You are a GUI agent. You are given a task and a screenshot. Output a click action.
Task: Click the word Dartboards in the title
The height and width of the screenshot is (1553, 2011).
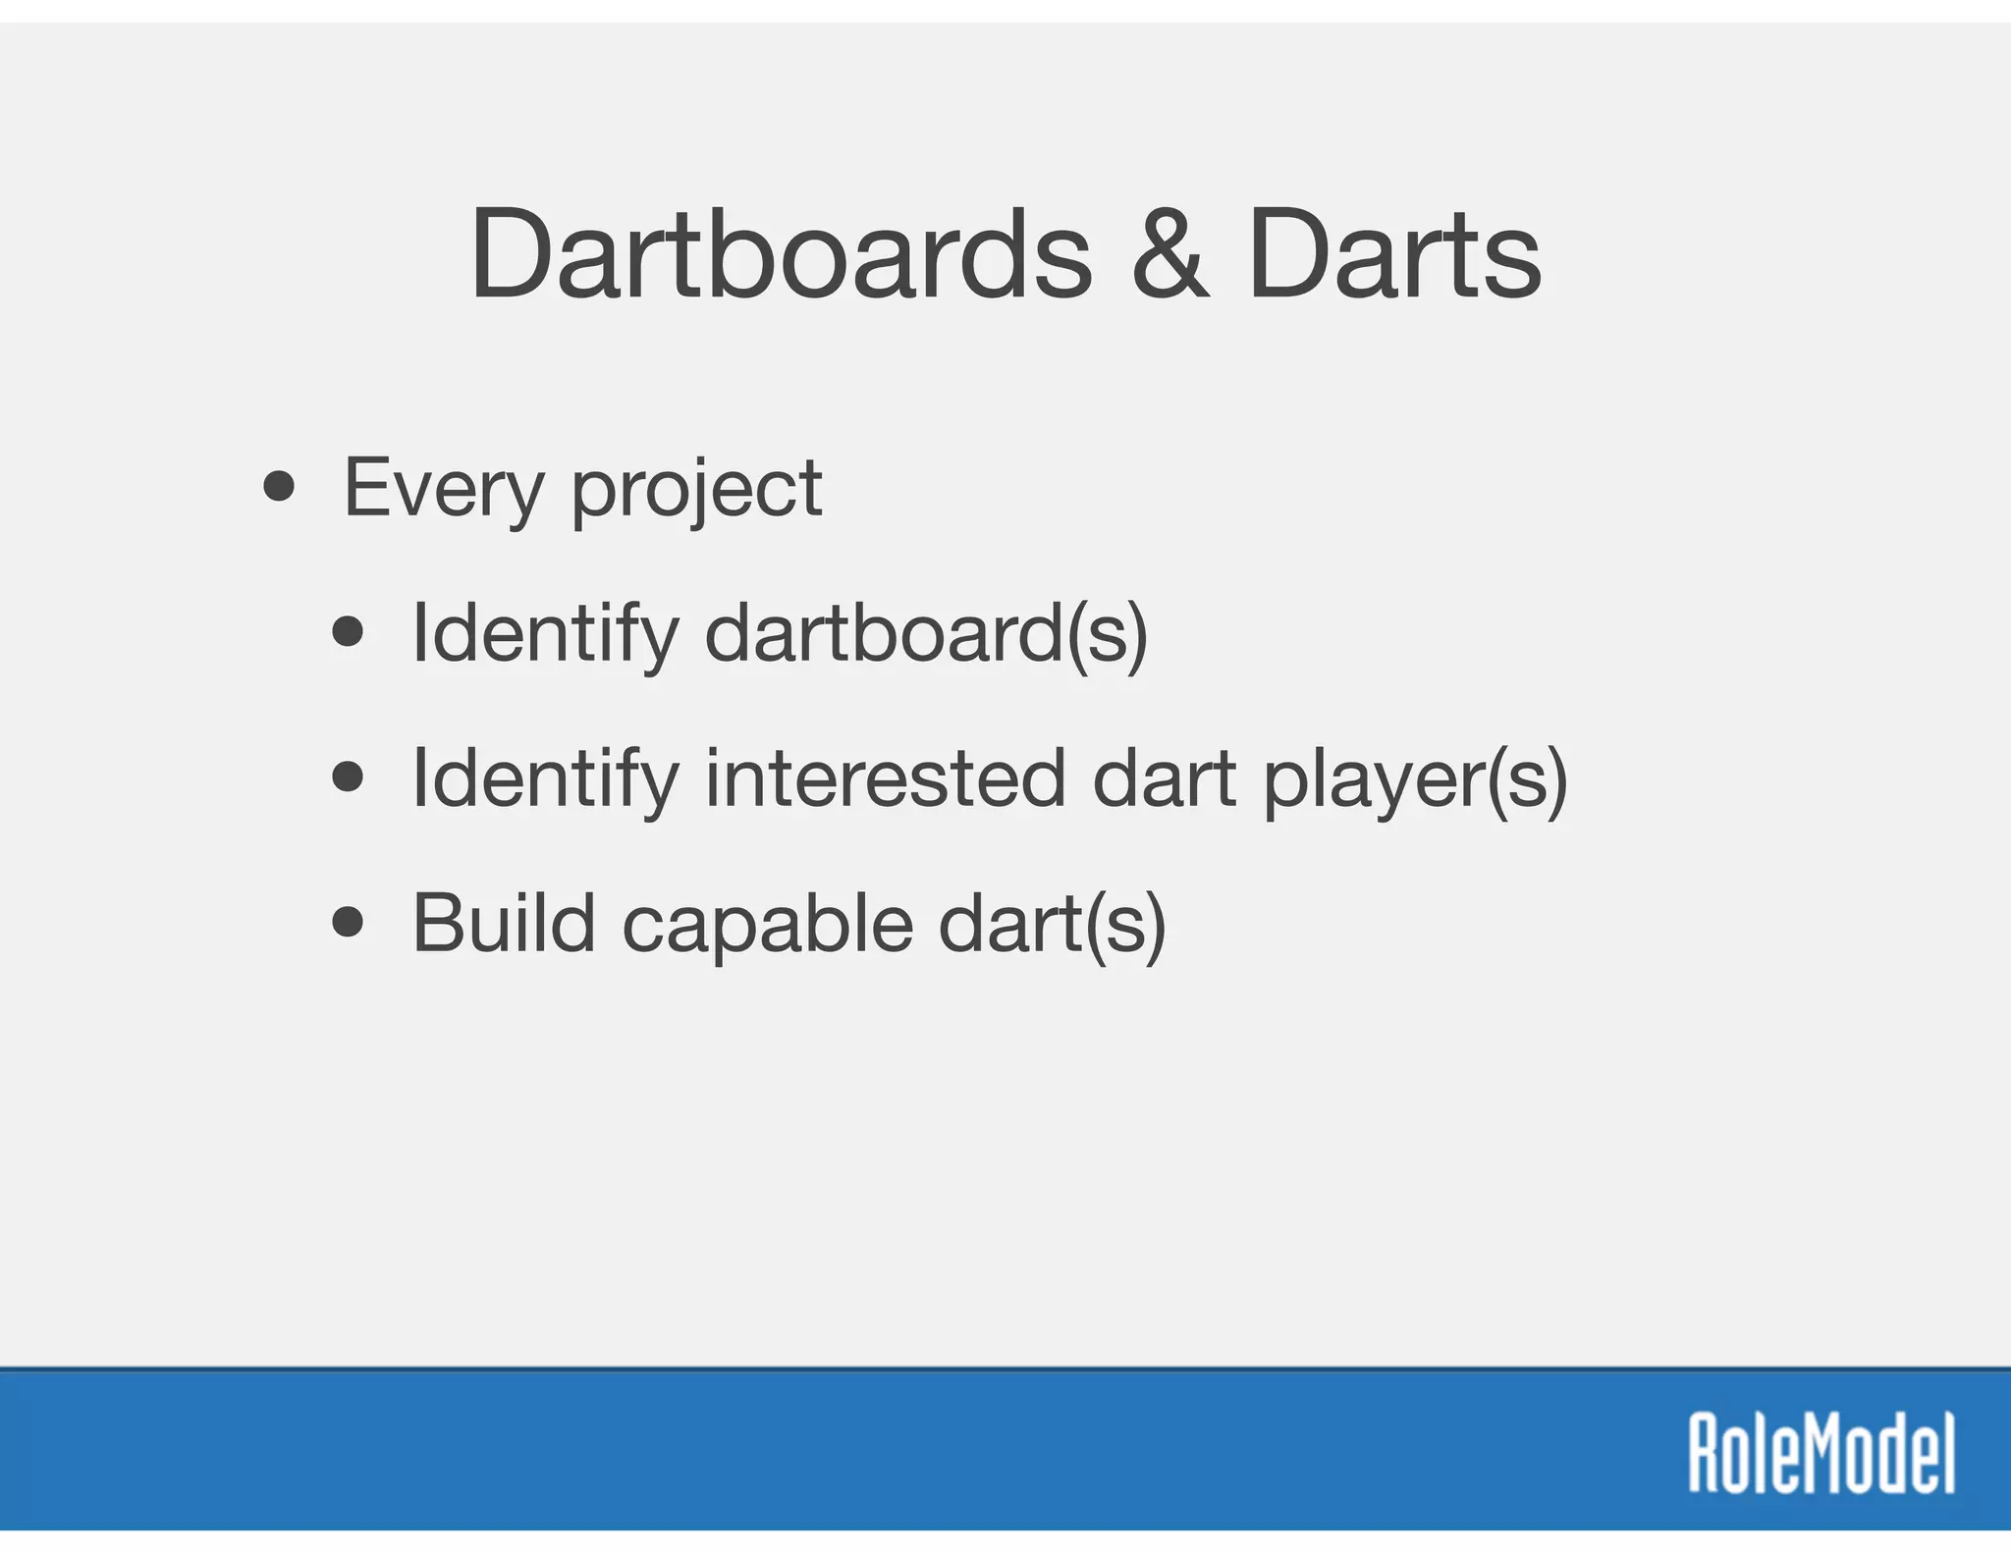pyautogui.click(x=781, y=255)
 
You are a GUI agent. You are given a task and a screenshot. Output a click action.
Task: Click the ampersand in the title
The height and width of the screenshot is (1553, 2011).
pyautogui.click(x=1169, y=255)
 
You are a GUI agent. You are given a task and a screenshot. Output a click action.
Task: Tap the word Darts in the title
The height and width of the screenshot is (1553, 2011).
pyautogui.click(x=1394, y=255)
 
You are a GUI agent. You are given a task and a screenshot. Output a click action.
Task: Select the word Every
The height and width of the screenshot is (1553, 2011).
pyautogui.click(x=443, y=490)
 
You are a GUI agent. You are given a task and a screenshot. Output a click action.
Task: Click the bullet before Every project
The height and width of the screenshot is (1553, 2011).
pyautogui.click(x=279, y=486)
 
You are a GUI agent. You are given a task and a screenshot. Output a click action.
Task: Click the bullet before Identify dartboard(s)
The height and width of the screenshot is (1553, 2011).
pyautogui.click(x=348, y=631)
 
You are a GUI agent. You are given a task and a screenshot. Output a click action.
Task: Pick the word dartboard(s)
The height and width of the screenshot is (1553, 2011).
pyautogui.click(x=926, y=634)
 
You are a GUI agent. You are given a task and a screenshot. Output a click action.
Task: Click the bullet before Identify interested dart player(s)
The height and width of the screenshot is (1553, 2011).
pyautogui.click(x=348, y=777)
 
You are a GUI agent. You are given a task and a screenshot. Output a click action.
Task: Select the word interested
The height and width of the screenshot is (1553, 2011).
pyautogui.click(x=885, y=778)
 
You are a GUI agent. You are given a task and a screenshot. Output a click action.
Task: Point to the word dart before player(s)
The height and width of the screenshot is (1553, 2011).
pyautogui.click(x=1164, y=778)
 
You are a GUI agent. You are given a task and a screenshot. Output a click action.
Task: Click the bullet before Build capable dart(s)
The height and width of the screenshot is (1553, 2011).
pyautogui.click(x=348, y=922)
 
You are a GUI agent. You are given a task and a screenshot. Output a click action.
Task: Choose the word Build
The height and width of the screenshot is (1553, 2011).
pyautogui.click(x=504, y=923)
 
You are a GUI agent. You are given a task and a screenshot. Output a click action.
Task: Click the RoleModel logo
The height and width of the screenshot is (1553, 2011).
pyautogui.click(x=1821, y=1454)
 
